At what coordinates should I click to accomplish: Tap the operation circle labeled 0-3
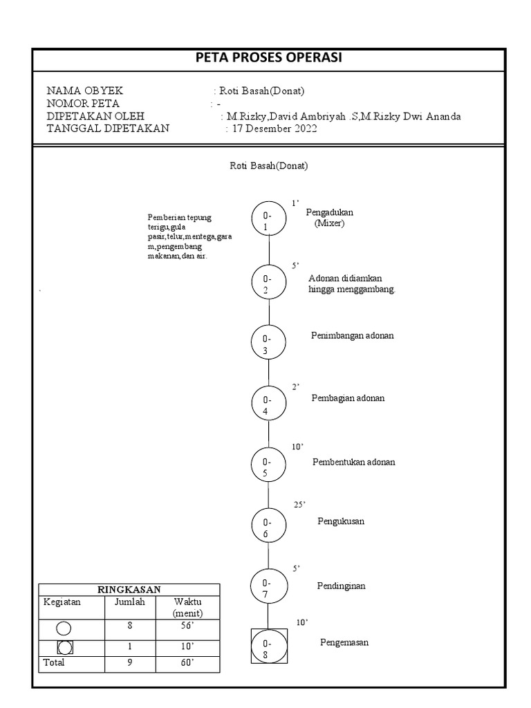pyautogui.click(x=268, y=343)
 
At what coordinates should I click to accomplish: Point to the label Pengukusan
pyautogui.click(x=341, y=521)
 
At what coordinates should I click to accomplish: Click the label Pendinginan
pyautogui.click(x=341, y=586)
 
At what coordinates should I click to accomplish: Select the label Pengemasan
pyautogui.click(x=344, y=642)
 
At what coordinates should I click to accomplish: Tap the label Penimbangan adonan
pyautogui.click(x=353, y=335)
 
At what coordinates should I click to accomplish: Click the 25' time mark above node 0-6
pyautogui.click(x=299, y=505)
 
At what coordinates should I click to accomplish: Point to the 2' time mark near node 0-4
pyautogui.click(x=295, y=387)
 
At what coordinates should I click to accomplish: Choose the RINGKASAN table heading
pyautogui.click(x=129, y=589)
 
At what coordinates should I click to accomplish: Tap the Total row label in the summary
pyautogui.click(x=54, y=662)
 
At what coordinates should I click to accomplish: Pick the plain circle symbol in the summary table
pyautogui.click(x=64, y=628)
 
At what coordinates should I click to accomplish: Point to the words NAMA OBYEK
pyautogui.click(x=85, y=91)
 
